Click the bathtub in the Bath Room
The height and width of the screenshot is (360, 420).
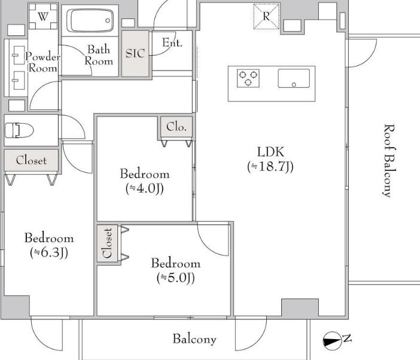(x=92, y=20)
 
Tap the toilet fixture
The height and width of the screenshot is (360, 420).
(x=19, y=130)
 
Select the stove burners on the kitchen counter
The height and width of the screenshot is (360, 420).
(x=248, y=78)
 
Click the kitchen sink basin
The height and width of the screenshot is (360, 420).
(x=294, y=78)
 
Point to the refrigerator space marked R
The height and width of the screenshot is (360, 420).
(x=266, y=16)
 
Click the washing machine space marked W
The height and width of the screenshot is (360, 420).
(x=43, y=16)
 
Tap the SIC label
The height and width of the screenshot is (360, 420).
(x=135, y=53)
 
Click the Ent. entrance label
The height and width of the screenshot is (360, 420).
(x=172, y=42)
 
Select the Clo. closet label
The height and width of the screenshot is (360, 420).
(x=176, y=127)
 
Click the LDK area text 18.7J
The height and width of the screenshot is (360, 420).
(x=270, y=166)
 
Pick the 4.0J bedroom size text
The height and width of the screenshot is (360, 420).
(x=145, y=188)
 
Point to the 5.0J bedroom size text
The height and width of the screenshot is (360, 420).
(x=176, y=277)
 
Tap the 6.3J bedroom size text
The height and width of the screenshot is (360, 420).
(x=49, y=252)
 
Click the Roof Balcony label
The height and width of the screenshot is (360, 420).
(x=389, y=161)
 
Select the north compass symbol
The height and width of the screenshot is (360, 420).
(x=333, y=340)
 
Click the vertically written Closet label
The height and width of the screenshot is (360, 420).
(x=108, y=243)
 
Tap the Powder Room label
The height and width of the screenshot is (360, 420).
(x=43, y=62)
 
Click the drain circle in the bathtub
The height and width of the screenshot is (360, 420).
(x=108, y=20)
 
